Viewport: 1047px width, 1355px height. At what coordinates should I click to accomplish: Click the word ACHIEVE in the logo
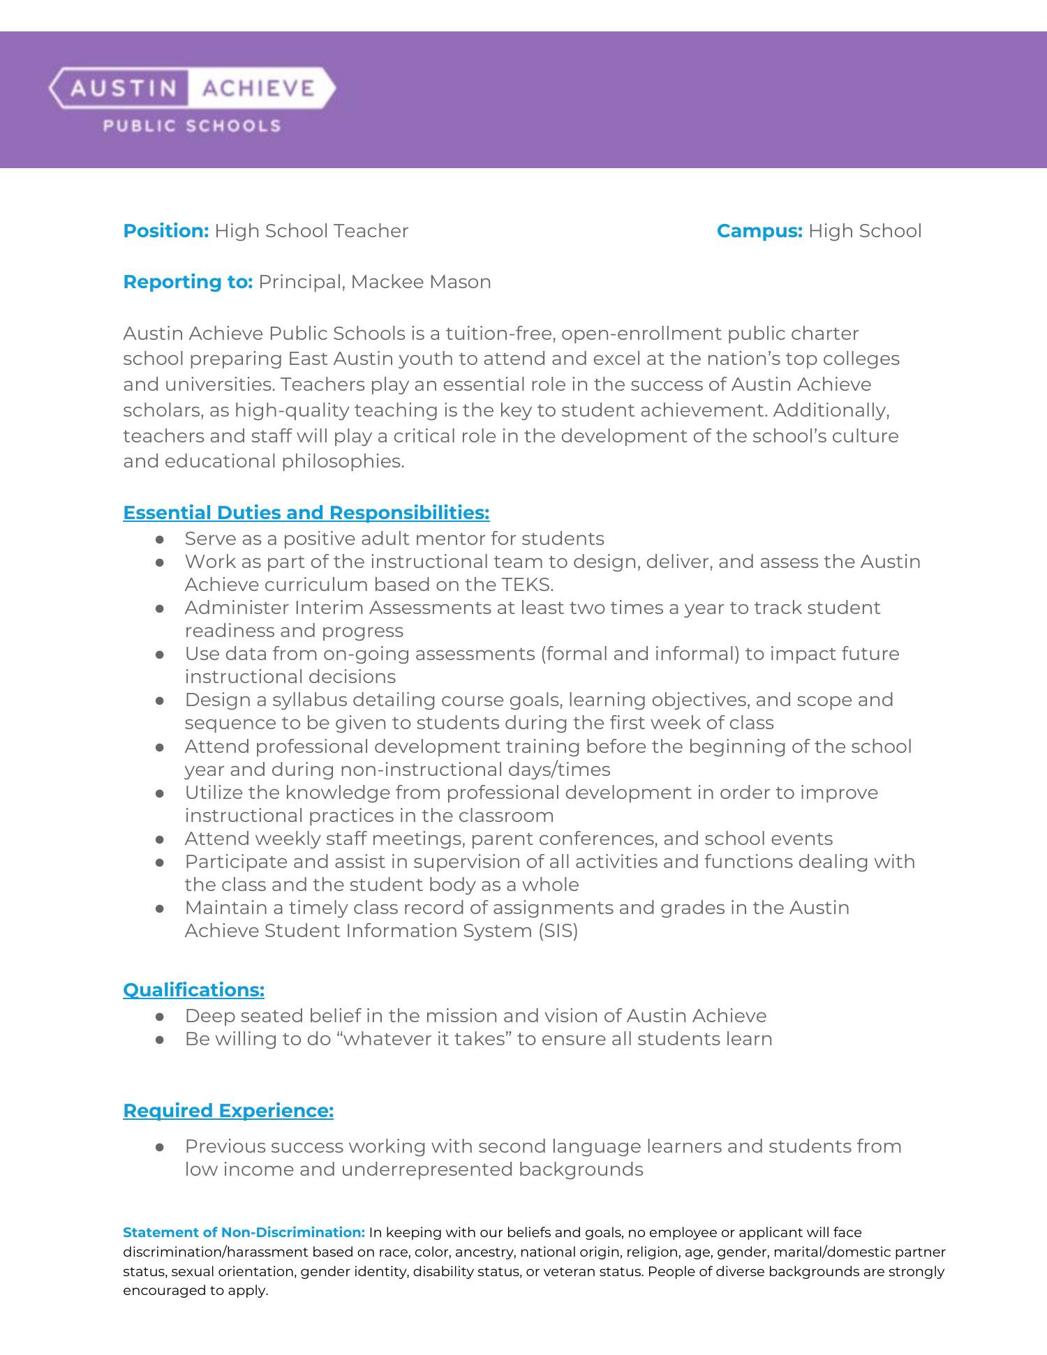(x=258, y=88)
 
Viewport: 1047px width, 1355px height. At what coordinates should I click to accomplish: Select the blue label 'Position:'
(x=166, y=231)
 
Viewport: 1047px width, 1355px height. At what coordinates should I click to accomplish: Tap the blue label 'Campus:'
(x=759, y=231)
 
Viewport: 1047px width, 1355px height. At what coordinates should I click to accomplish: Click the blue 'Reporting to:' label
(x=188, y=282)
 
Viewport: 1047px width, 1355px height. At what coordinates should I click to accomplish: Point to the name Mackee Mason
(x=421, y=282)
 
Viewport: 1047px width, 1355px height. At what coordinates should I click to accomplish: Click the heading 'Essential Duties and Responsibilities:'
(x=306, y=513)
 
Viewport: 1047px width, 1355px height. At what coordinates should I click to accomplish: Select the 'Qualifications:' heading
(x=193, y=990)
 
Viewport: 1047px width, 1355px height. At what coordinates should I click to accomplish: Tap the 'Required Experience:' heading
(x=228, y=1110)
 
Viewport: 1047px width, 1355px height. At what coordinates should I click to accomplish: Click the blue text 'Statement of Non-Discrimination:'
(x=244, y=1232)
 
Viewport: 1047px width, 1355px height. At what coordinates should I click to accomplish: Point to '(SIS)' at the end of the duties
(x=558, y=931)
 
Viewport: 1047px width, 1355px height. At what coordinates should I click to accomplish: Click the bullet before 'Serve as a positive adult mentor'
(x=160, y=539)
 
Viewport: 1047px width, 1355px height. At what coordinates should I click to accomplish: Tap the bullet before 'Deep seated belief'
(x=160, y=1017)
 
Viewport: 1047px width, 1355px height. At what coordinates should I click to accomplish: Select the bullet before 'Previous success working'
(x=160, y=1147)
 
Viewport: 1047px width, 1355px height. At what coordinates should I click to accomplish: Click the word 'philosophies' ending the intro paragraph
(x=343, y=461)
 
